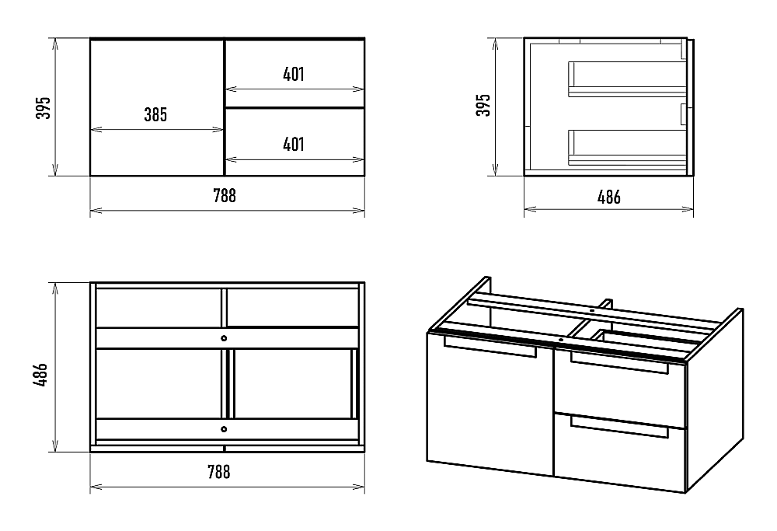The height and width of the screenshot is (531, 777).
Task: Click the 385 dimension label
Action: (155, 114)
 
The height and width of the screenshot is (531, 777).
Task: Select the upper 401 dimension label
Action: (294, 75)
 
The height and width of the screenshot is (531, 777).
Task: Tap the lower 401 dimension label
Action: (294, 145)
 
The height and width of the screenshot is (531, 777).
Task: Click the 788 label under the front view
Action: (225, 195)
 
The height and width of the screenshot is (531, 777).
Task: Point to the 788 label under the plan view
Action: (218, 471)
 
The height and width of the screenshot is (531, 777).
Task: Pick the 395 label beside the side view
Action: (483, 105)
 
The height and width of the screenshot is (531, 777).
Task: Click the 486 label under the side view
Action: (609, 197)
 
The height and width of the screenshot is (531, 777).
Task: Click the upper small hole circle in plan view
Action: (224, 338)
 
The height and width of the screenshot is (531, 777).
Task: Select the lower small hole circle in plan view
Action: (224, 429)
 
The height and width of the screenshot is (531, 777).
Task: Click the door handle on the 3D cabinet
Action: (490, 346)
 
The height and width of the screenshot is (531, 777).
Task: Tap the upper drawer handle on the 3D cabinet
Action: (619, 362)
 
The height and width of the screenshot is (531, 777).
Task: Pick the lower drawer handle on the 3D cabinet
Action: (619, 427)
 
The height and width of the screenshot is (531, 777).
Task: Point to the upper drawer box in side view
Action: (627, 79)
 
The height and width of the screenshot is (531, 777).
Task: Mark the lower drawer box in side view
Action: (627, 148)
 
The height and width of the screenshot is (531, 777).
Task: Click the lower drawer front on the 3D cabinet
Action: (619, 452)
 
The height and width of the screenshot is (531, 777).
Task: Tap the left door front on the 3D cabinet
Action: (490, 404)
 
